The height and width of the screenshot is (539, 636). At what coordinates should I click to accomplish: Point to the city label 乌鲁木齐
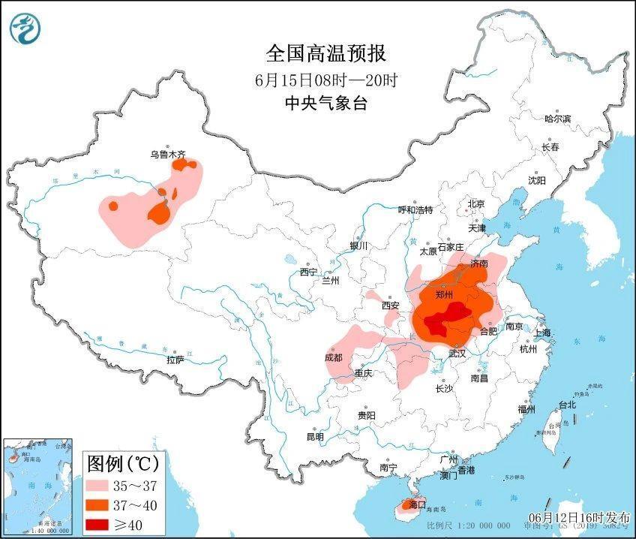click(x=166, y=155)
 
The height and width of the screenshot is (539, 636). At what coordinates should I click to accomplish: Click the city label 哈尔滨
click(x=557, y=119)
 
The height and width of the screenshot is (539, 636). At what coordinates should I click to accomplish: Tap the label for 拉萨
click(x=175, y=360)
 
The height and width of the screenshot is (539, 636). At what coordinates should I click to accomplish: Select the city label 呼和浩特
click(x=415, y=210)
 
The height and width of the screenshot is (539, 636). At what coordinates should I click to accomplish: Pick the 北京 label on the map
click(x=476, y=204)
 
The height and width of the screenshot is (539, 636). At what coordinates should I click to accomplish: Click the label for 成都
click(x=333, y=357)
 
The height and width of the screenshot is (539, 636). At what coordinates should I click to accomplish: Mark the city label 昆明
click(x=315, y=437)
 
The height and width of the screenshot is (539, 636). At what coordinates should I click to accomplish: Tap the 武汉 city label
click(x=457, y=353)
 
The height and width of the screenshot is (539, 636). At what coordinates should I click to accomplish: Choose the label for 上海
click(x=541, y=333)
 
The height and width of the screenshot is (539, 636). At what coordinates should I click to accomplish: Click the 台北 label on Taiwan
click(x=567, y=405)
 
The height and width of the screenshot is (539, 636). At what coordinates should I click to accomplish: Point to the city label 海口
click(x=415, y=504)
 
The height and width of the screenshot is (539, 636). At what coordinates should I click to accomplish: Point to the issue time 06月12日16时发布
click(x=579, y=518)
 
